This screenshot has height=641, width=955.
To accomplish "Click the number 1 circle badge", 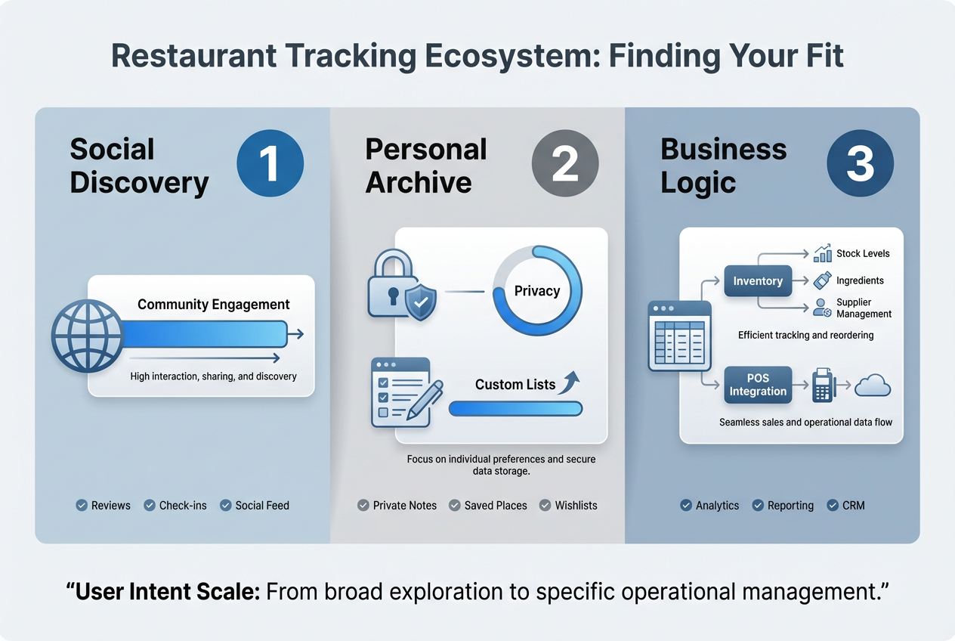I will (x=270, y=164).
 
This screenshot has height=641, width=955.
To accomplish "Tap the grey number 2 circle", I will (x=565, y=164).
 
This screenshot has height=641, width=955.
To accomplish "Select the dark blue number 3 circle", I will (x=860, y=164).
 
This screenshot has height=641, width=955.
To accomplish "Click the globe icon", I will (x=87, y=336).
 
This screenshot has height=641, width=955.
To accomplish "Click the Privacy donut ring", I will (x=537, y=290).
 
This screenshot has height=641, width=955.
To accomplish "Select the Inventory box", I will (x=758, y=281).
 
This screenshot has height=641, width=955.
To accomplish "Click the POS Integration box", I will (x=758, y=385).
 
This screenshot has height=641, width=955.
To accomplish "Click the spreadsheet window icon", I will (x=679, y=336).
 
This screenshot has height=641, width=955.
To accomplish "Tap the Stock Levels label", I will (x=863, y=253).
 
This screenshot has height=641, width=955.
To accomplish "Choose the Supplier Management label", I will (x=864, y=308).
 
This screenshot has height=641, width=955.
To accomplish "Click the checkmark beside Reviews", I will (x=82, y=505).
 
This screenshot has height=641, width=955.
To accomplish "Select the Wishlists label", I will (x=576, y=505).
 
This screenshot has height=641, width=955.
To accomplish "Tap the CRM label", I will (x=853, y=505).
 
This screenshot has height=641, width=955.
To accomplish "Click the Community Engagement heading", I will (x=214, y=305).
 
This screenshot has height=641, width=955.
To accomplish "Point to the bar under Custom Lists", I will (x=515, y=409).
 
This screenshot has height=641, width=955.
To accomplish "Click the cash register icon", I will (x=822, y=386).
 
